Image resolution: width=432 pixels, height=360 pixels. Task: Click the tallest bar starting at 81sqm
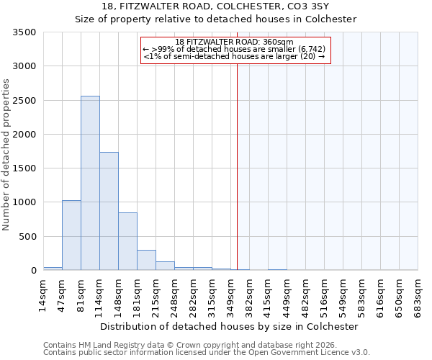(x=90, y=183)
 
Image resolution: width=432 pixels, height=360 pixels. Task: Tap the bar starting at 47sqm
(x=71, y=235)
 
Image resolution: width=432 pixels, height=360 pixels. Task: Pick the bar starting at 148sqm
(x=127, y=241)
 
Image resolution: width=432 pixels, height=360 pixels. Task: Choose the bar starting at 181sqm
(x=146, y=260)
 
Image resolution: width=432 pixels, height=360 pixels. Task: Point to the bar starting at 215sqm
(x=165, y=266)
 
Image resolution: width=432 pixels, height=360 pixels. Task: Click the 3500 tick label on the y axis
(x=24, y=32)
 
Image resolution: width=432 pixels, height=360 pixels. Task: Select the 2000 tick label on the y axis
(x=24, y=135)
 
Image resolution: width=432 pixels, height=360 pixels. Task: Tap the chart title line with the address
(x=216, y=6)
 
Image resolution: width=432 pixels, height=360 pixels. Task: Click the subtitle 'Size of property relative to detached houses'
(x=216, y=19)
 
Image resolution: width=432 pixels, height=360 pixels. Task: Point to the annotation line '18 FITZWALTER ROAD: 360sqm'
(x=235, y=42)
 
